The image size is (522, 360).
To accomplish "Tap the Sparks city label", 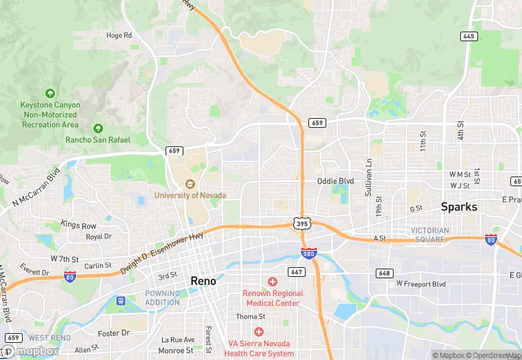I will (x=459, y=206).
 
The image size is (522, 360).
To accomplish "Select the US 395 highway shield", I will (x=303, y=223).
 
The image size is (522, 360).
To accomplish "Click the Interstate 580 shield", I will (x=309, y=254).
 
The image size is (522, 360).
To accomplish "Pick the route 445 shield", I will (x=469, y=36).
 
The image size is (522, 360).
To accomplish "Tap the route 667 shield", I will (x=297, y=272).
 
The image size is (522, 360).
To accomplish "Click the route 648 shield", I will (x=385, y=273).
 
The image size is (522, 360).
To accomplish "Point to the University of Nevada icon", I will (x=191, y=184).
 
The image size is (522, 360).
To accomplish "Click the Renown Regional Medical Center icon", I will (x=273, y=282).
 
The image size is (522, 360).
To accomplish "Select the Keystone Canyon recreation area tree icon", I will (x=49, y=93).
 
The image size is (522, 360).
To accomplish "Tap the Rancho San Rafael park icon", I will (x=98, y=128).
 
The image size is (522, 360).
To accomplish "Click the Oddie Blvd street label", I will (x=335, y=181).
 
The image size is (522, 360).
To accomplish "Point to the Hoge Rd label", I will (x=118, y=35).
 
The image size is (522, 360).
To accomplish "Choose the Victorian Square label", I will (x=430, y=235).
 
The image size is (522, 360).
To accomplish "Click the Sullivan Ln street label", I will (x=369, y=177).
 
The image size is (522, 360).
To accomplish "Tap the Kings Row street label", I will (x=78, y=225).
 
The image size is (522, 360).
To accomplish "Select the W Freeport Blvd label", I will (x=421, y=284).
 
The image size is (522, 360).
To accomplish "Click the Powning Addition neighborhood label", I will (x=162, y=297).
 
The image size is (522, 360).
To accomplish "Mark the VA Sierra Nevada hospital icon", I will (x=258, y=332).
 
